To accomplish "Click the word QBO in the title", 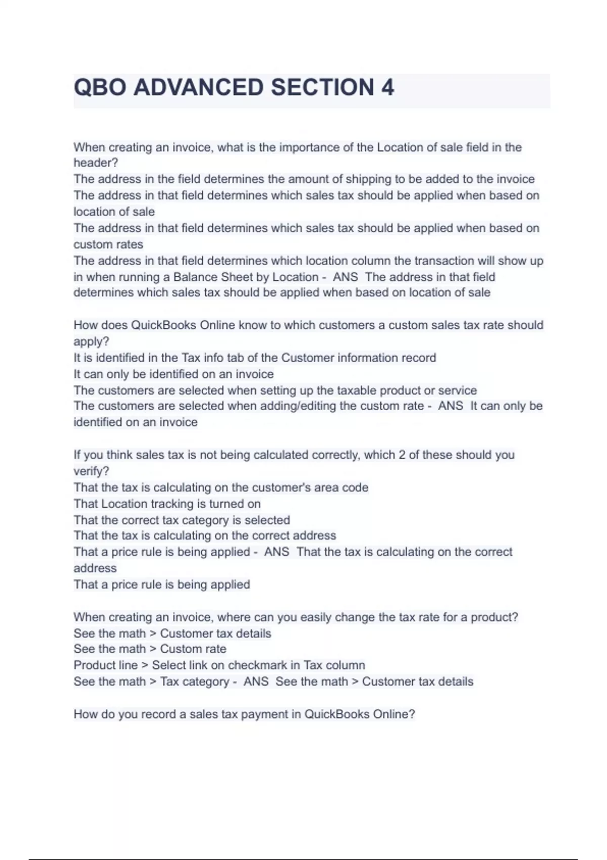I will [100, 88].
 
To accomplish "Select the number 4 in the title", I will [387, 88].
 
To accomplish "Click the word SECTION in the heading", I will [322, 88].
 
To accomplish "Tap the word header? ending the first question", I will [96, 163].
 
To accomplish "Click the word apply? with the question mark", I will [91, 341].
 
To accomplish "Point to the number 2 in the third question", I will [402, 455].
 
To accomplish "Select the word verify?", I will [91, 471].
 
